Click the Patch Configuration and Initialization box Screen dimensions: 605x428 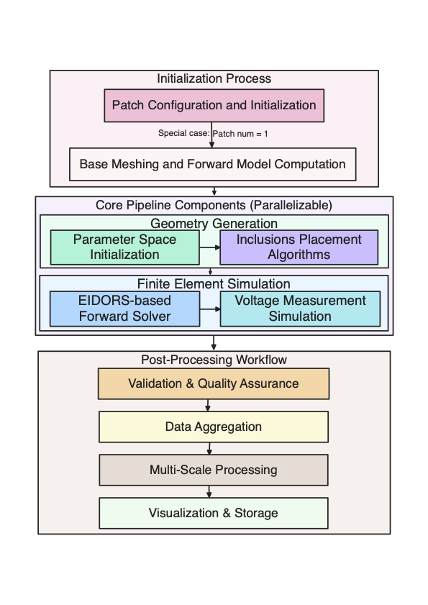(214, 105)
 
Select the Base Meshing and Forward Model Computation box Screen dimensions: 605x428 (212, 164)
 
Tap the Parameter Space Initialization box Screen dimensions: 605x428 (124, 247)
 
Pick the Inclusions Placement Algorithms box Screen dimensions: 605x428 (299, 247)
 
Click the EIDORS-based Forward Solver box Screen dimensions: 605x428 (124, 308)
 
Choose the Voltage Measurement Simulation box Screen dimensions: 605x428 (300, 308)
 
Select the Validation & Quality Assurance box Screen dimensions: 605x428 (213, 383)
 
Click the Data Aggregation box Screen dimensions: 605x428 (213, 427)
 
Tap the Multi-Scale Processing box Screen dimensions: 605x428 (213, 470)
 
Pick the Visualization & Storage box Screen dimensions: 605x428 (213, 513)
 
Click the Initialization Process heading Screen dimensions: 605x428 (214, 78)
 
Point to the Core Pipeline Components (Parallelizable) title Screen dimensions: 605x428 (214, 205)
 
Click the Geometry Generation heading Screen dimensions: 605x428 (214, 223)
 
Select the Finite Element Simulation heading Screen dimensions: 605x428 (214, 283)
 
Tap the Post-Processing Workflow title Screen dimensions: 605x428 (214, 359)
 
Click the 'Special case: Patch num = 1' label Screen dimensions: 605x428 (212, 134)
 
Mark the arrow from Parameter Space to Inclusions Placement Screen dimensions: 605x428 (209, 247)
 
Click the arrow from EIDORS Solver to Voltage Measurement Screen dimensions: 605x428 (209, 309)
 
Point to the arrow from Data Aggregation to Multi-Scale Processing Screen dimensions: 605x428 (209, 448)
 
